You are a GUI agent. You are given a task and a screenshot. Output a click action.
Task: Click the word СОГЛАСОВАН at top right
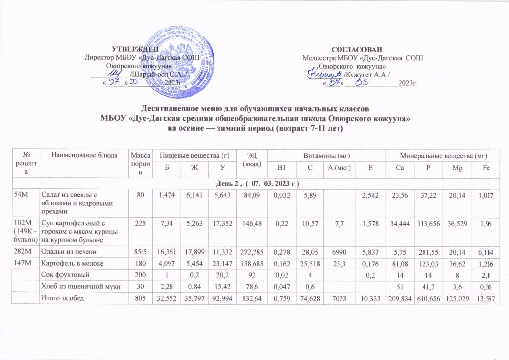point(357,49)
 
